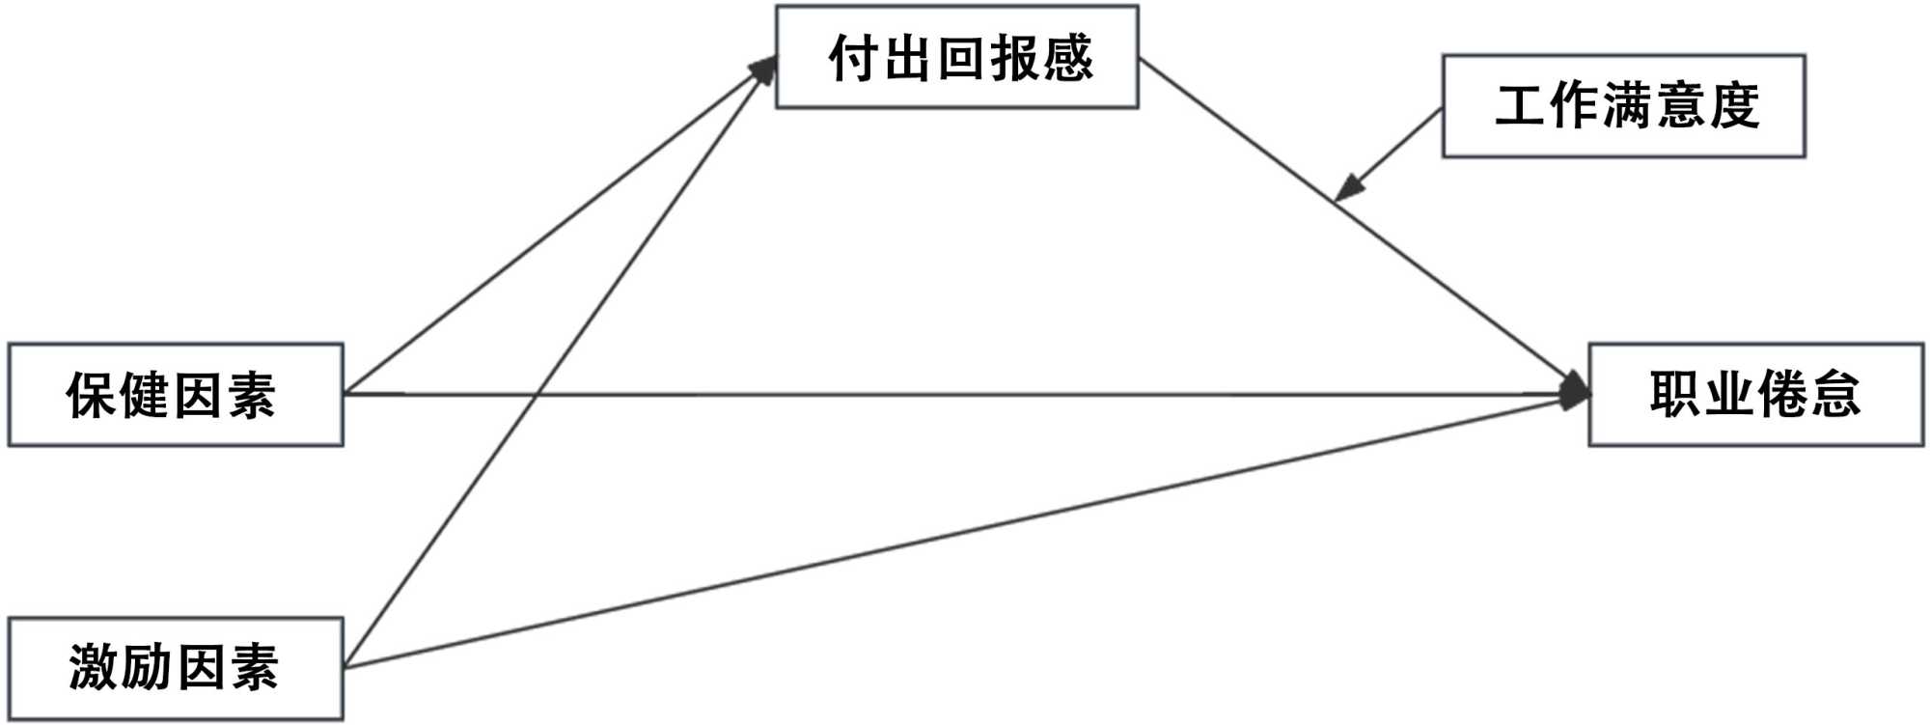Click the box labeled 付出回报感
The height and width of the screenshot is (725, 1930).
(956, 57)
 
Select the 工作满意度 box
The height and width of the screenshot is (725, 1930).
(1623, 105)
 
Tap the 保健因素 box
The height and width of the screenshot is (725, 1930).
(176, 395)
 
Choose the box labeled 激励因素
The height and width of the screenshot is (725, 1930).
(176, 668)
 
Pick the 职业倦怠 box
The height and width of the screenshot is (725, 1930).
(1755, 395)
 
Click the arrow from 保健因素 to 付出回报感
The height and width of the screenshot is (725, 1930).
(560, 226)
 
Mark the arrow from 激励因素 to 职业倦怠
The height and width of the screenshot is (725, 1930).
(965, 531)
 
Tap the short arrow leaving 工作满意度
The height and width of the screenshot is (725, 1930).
(1390, 153)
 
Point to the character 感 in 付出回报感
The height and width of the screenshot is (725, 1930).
(1067, 58)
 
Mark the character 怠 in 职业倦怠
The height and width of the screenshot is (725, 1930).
(1834, 395)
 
